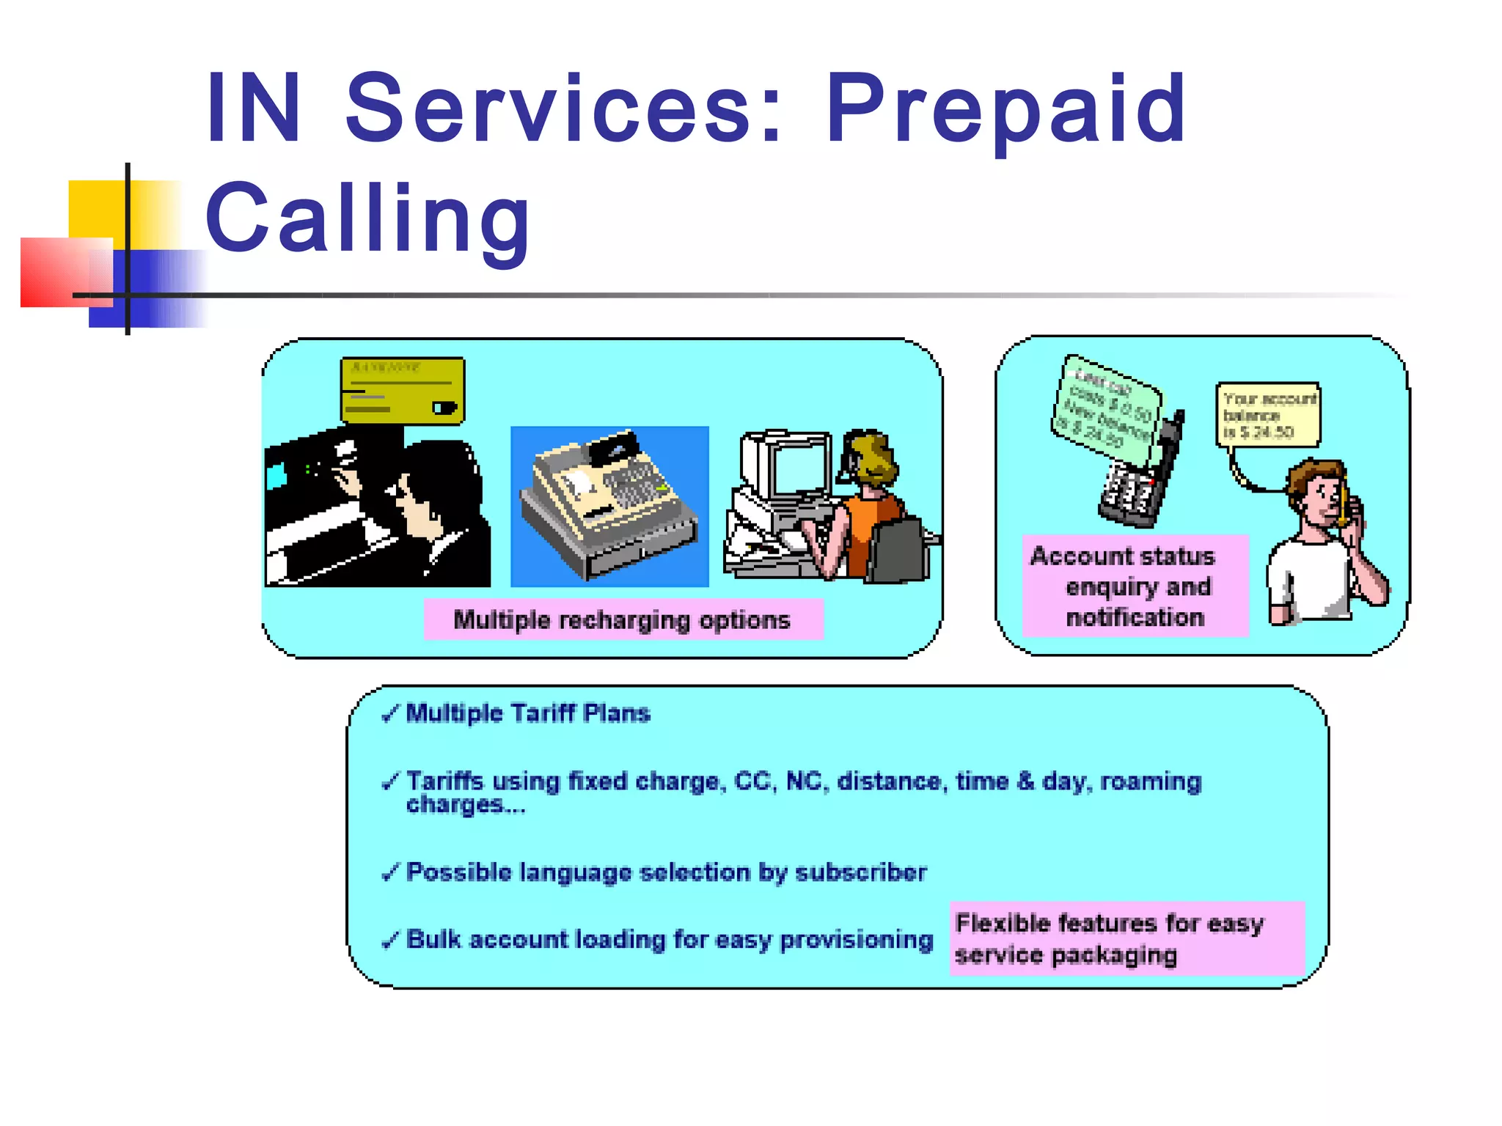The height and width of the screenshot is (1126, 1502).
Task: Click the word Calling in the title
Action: pos(368,218)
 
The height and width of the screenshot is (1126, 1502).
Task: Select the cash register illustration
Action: pos(609,506)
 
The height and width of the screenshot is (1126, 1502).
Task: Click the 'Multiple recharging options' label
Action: pos(623,620)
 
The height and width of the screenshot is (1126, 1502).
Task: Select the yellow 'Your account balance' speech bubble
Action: pos(1268,415)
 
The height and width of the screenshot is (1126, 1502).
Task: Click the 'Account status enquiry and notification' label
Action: pos(1134,586)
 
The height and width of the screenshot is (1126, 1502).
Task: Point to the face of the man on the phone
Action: pos(1323,498)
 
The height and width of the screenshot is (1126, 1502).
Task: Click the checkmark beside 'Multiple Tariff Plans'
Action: pos(390,713)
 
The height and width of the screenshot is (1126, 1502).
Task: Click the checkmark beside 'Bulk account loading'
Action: pos(390,940)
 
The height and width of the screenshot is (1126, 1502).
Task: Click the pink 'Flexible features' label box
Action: pos(1126,938)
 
